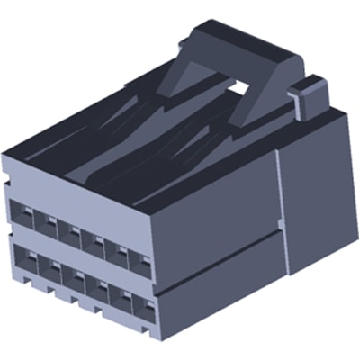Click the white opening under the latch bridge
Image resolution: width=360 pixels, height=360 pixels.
point(240,87)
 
